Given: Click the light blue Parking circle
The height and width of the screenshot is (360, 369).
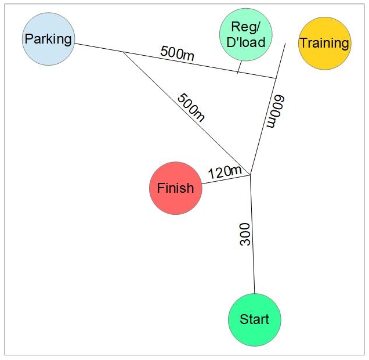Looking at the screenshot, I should (x=49, y=39).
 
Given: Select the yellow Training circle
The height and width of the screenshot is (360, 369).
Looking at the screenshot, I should (x=324, y=43).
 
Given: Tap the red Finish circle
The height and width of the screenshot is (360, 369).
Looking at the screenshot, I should (x=176, y=188).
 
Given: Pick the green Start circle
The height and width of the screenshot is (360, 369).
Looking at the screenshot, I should (x=254, y=319).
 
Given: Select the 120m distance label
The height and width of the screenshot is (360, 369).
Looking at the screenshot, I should (x=225, y=171).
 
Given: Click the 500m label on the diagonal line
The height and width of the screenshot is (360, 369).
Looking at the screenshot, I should (x=191, y=107).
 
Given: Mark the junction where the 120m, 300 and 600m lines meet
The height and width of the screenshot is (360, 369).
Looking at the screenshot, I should (x=250, y=174).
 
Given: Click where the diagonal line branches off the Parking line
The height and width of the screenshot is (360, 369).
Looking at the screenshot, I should (x=122, y=52).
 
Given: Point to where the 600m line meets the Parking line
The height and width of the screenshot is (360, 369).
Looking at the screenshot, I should (x=276, y=78).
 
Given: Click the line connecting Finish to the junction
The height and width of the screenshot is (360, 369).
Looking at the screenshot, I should (x=226, y=179).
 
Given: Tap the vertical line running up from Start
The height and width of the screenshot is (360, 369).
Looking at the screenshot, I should (x=252, y=244).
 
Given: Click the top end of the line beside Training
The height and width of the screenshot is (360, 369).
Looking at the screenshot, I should (x=285, y=43).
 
